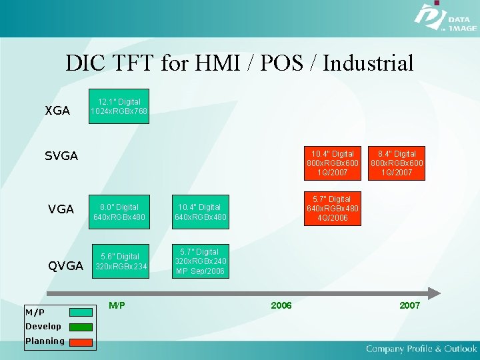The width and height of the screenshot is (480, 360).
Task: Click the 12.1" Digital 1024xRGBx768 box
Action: pos(119,106)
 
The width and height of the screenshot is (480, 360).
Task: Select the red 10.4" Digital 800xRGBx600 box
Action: pos(333,163)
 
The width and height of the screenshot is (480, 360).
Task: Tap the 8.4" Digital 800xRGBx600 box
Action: pos(397,163)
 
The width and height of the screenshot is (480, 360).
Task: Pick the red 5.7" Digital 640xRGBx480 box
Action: pos(333,209)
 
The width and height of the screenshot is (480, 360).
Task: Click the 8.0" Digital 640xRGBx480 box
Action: pos(119,212)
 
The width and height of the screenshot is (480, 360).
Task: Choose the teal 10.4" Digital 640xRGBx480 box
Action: pos(200,212)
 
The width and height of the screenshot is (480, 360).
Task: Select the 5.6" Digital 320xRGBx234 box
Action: pos(119,261)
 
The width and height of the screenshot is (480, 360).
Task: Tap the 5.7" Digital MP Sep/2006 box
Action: pos(200,261)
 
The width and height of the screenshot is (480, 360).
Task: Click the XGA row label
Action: pos(57,111)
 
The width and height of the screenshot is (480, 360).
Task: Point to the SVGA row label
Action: pos(61,156)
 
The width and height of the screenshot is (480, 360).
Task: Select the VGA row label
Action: pos(61,209)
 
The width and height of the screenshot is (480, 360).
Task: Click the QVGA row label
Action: pos(65,266)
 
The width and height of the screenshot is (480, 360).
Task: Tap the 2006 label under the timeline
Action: pos(281,305)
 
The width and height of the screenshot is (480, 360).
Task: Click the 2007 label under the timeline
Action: pos(409,305)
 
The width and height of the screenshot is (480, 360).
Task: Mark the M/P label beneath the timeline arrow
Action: pos(117,305)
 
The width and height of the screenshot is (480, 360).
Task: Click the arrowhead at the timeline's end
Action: pos(434,293)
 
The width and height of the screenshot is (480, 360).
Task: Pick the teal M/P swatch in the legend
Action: pos(81,312)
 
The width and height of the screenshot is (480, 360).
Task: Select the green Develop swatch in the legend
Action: pos(81,327)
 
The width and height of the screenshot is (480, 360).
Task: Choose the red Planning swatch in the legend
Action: pos(81,341)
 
